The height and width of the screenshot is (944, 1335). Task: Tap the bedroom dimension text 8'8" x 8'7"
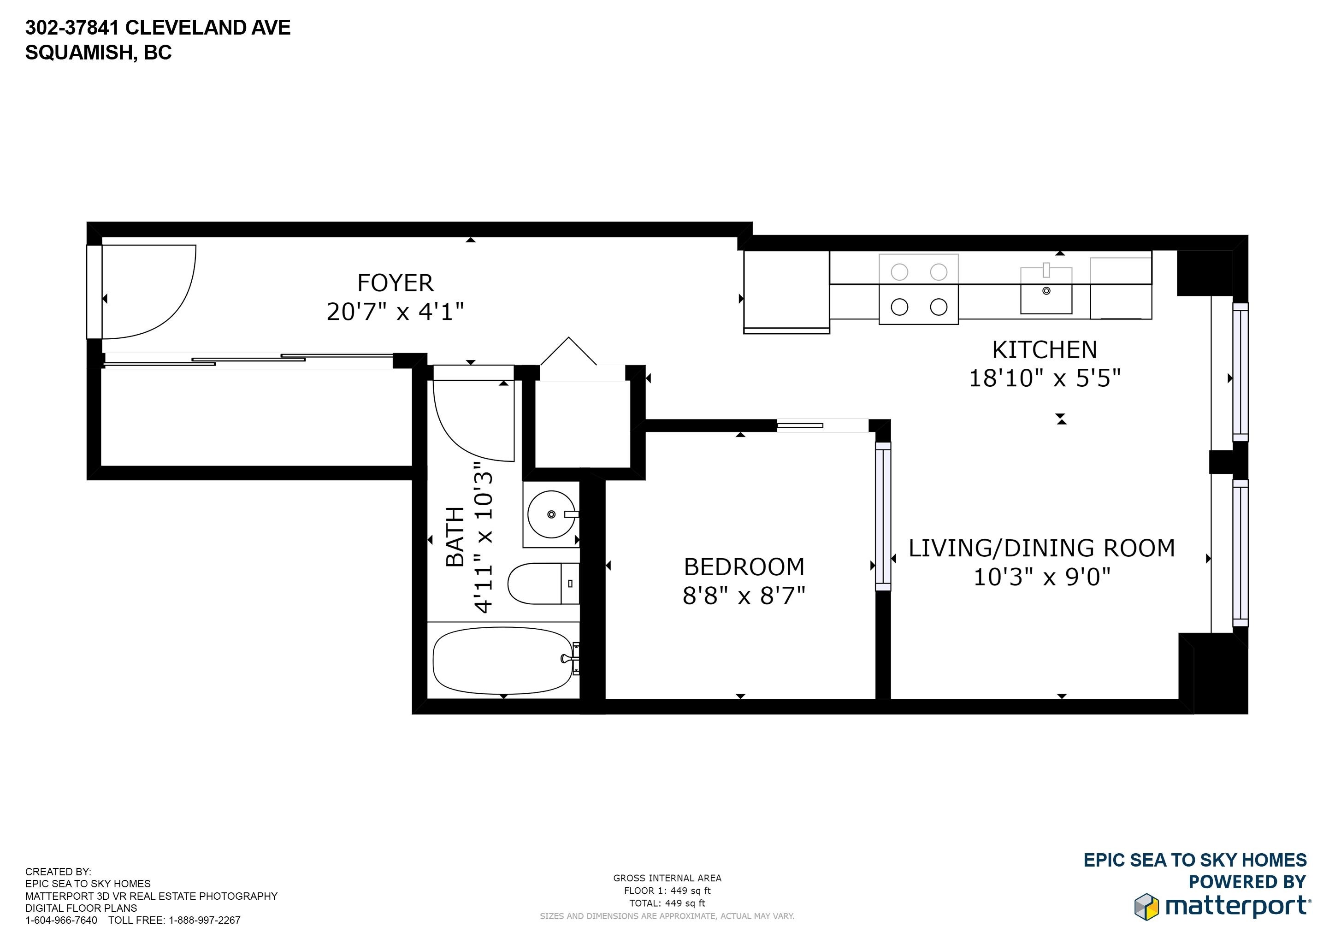[744, 596]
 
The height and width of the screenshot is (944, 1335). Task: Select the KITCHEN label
[1044, 350]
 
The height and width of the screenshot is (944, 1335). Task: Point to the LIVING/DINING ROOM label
[1041, 548]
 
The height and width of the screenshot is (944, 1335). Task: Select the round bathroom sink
[550, 514]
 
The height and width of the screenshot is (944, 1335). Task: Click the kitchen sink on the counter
[1046, 291]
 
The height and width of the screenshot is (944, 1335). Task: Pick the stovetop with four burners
[918, 289]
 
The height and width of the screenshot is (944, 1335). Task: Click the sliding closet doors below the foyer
[249, 360]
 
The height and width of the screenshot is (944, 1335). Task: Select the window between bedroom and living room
[883, 516]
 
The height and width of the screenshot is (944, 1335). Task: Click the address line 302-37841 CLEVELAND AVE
[158, 27]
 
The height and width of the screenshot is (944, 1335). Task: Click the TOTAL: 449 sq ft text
[667, 903]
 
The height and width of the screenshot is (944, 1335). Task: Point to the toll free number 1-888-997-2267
[204, 920]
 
